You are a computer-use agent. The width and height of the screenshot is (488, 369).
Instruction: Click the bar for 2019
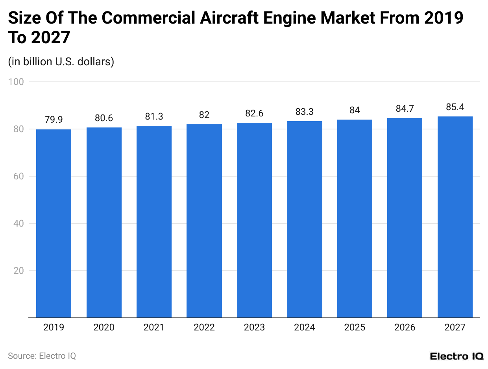tap(54, 223)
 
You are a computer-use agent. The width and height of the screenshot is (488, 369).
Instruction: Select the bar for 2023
tap(254, 220)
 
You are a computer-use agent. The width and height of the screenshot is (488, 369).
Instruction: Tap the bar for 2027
tap(455, 217)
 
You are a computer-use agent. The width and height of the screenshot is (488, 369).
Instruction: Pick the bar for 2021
tap(154, 221)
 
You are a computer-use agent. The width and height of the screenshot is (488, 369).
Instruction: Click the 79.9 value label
tap(54, 120)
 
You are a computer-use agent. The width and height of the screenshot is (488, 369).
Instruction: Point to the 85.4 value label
tap(455, 107)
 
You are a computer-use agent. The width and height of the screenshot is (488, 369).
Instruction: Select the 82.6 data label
tap(254, 113)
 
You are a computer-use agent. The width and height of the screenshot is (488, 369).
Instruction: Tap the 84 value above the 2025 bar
tap(355, 110)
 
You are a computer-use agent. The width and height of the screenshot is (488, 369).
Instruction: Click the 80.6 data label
tap(104, 118)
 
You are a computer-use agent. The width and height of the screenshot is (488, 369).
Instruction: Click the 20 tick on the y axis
tap(19, 271)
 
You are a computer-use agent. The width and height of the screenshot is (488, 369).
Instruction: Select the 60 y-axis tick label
tap(19, 176)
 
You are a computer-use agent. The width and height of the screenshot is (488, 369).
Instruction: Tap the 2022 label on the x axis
tap(204, 327)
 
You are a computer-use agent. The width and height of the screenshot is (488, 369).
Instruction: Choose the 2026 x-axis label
tap(405, 327)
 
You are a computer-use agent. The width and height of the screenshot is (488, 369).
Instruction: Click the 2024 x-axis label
tap(305, 327)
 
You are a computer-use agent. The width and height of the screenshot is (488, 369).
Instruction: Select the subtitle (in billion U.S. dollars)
tap(61, 62)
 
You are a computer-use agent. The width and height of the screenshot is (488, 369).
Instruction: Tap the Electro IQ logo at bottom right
tap(457, 356)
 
